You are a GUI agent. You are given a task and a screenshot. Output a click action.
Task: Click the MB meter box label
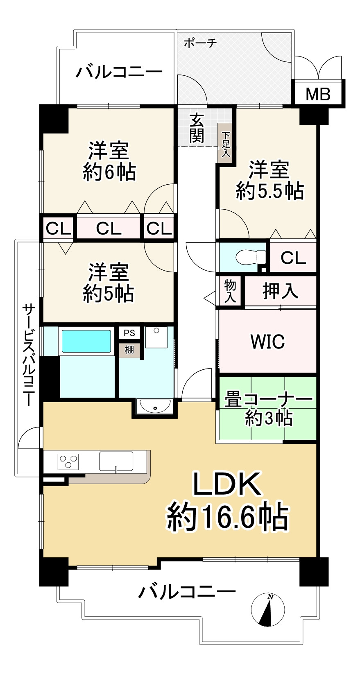318,94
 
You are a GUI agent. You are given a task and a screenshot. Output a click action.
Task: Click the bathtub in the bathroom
86,341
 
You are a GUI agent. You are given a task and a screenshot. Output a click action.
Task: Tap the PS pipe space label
129,333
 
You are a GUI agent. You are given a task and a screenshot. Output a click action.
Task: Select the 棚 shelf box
129,350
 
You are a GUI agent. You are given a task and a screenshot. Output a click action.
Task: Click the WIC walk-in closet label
267,342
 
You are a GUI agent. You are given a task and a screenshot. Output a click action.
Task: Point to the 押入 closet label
280,291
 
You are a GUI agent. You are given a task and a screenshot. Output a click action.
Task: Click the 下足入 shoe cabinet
225,144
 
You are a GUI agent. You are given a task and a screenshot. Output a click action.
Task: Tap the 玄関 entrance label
197,128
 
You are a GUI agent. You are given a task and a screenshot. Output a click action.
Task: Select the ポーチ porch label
200,44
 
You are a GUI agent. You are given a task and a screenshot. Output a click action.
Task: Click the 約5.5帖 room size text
270,191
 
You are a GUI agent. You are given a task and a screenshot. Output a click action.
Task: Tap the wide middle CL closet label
109,229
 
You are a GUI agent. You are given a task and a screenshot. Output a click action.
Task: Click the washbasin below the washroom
155,407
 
